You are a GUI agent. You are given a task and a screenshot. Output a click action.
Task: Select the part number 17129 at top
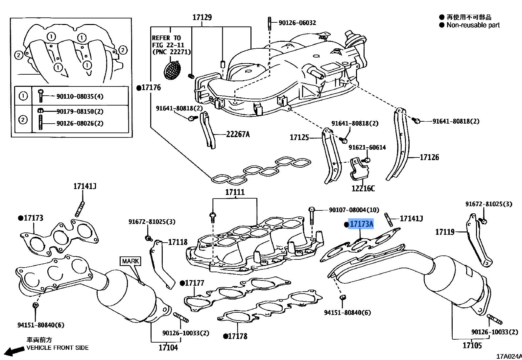[x=202, y=17]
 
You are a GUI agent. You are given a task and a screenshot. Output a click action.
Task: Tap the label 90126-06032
[x=297, y=23]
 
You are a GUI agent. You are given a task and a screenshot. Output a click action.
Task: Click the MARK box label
[x=130, y=261]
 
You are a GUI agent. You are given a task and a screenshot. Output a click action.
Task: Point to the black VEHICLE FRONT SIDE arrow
[x=14, y=351]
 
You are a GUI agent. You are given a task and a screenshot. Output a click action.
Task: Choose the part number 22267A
[x=238, y=134]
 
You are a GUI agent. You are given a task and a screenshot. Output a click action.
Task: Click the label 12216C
[x=363, y=188]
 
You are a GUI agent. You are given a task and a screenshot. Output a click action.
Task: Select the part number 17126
[x=429, y=157]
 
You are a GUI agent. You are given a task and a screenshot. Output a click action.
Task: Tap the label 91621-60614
[x=367, y=147]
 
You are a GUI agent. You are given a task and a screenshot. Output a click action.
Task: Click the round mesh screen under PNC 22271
[x=172, y=70]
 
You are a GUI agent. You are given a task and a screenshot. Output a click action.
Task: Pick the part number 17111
[x=235, y=192]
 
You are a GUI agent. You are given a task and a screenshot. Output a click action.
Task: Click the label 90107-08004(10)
[x=354, y=210]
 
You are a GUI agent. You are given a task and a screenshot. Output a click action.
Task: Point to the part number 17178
[x=238, y=336]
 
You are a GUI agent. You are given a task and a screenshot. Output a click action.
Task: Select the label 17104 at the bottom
[x=168, y=348]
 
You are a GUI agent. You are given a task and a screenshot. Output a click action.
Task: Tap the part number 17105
[x=472, y=345]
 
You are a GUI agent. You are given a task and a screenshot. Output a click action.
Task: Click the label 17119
[x=445, y=232]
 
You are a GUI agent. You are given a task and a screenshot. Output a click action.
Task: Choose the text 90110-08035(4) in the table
[x=80, y=96]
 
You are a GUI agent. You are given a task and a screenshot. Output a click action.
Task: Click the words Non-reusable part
[x=473, y=25]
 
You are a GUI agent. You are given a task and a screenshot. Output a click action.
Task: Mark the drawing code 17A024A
[x=509, y=356]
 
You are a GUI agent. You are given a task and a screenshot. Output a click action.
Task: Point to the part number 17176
[x=151, y=87]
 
